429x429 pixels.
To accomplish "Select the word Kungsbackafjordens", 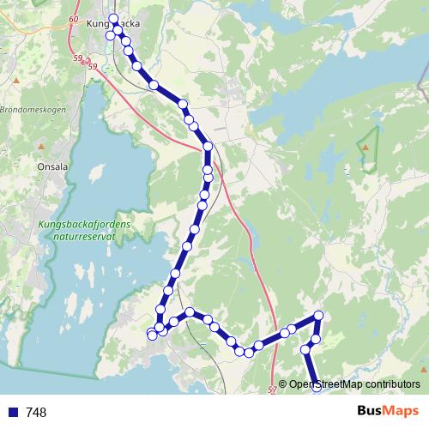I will [83, 225].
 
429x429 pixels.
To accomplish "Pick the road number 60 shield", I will [71, 19].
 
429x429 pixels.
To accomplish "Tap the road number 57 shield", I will [273, 390].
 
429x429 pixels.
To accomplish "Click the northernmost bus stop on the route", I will [113, 18].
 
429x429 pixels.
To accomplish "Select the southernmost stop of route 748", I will [317, 387].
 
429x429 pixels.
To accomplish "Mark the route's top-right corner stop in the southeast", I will [318, 316].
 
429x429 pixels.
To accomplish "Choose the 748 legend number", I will [36, 412].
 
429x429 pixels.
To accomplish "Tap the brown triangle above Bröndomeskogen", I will [16, 81].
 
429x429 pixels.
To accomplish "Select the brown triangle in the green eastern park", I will [366, 147].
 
